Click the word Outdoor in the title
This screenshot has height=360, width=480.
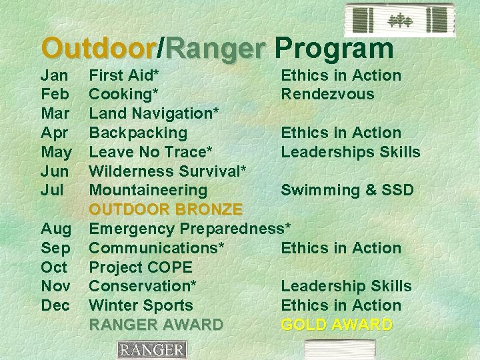[x=98, y=48]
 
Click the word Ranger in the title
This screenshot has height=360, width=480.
[x=215, y=48]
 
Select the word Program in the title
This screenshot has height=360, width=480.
[x=334, y=48]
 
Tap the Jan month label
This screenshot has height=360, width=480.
[x=54, y=75]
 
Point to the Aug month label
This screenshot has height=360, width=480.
[x=56, y=229]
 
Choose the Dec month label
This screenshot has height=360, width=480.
[x=55, y=305]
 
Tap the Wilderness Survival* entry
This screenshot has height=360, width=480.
[x=167, y=171]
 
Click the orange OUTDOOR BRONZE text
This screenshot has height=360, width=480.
[x=165, y=209]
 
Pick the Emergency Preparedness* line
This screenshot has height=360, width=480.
[x=190, y=229]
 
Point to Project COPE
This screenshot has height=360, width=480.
[x=141, y=267]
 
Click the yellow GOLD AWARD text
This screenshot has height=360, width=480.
[x=337, y=325]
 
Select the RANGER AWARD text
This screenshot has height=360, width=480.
[x=156, y=325]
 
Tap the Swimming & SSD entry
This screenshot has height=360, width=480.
[x=347, y=190]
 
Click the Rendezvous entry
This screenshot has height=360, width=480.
[x=327, y=95]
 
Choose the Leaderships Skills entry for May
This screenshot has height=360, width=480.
[x=350, y=152]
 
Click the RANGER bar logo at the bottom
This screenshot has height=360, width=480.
[x=151, y=350]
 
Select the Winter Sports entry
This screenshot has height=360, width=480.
[x=141, y=305]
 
